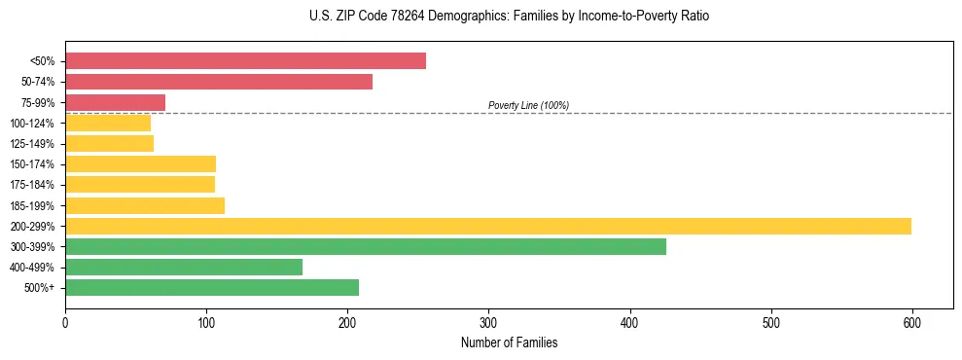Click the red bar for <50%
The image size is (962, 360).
pyautogui.click(x=245, y=61)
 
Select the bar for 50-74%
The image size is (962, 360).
pyautogui.click(x=219, y=82)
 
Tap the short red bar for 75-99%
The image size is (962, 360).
pyautogui.click(x=115, y=102)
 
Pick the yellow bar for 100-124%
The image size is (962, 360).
pyautogui.click(x=108, y=123)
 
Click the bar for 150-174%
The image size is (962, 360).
pyautogui.click(x=140, y=163)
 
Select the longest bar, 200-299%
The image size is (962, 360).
pyautogui.click(x=488, y=226)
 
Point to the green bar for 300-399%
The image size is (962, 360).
pyautogui.click(x=366, y=246)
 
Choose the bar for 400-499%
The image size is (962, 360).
pyautogui.click(x=184, y=267)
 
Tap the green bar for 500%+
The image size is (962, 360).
pyautogui.click(x=212, y=287)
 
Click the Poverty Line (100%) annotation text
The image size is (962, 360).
pyautogui.click(x=528, y=105)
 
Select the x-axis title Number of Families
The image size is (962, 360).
pyautogui.click(x=509, y=342)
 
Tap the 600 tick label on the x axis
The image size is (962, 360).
pyautogui.click(x=911, y=321)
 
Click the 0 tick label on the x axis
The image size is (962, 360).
pyautogui.click(x=65, y=321)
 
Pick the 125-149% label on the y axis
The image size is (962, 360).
pyautogui.click(x=33, y=144)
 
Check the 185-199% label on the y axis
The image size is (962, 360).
pyautogui.click(x=33, y=205)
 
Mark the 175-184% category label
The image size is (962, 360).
pyautogui.click(x=33, y=185)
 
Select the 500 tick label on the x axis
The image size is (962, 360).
pyautogui.click(x=770, y=321)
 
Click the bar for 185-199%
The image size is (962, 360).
pyautogui.click(x=145, y=205)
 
